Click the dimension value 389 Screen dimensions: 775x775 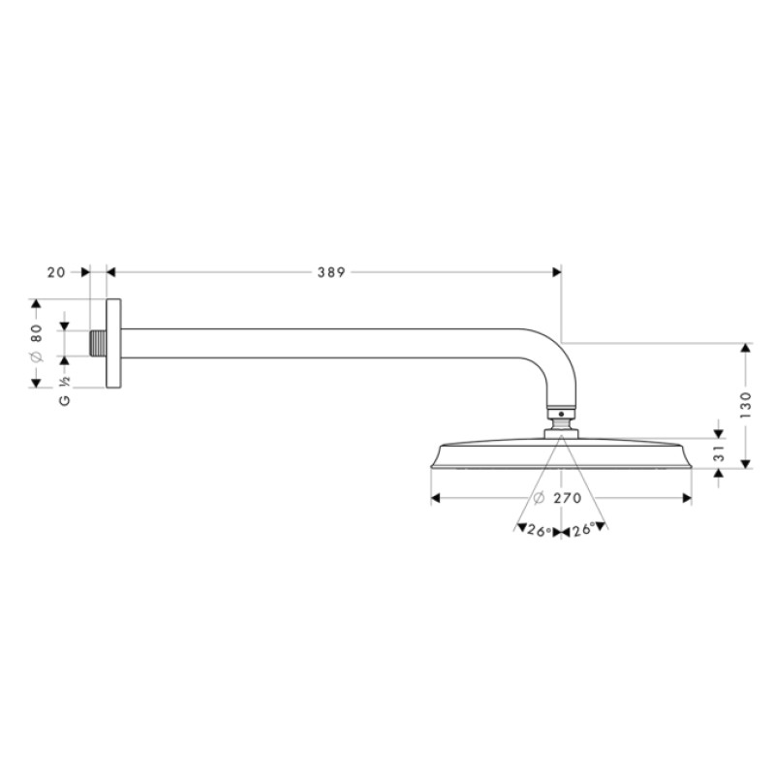pyautogui.click(x=330, y=272)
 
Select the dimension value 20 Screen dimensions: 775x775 pyautogui.click(x=56, y=272)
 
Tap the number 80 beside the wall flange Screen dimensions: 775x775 pyautogui.click(x=37, y=335)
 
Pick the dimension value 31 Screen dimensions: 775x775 pyautogui.click(x=718, y=453)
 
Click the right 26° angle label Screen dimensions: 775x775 pyautogui.click(x=583, y=530)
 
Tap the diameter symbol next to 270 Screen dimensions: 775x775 pyautogui.click(x=539, y=499)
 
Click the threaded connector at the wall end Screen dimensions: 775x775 pyautogui.click(x=96, y=344)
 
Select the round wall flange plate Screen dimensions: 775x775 pyautogui.click(x=113, y=344)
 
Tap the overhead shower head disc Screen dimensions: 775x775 pyautogui.click(x=562, y=455)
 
